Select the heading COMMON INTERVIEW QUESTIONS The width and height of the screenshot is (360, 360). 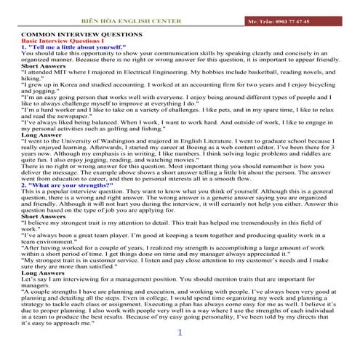pyautogui.click(x=81, y=35)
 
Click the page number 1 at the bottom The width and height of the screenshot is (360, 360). pyautogui.click(x=180, y=334)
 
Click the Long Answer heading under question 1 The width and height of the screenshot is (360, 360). pyautogui.click(x=42, y=135)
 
